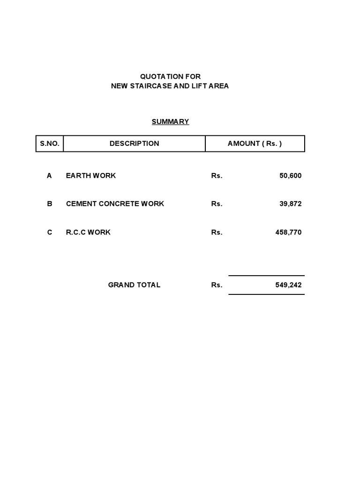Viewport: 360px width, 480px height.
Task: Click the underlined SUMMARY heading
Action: [x=170, y=122]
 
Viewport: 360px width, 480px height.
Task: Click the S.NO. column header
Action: [x=50, y=144]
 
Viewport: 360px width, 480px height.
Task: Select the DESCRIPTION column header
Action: [x=134, y=144]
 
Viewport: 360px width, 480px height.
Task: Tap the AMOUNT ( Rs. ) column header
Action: [x=255, y=144]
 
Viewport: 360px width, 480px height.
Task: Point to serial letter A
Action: [x=49, y=176]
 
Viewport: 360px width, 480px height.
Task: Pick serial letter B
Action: [x=49, y=204]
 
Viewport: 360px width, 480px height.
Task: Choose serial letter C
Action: [x=50, y=232]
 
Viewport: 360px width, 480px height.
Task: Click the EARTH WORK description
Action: [x=91, y=176]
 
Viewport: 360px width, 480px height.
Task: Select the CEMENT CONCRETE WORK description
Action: [x=115, y=204]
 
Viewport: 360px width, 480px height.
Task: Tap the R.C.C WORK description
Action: [x=88, y=232]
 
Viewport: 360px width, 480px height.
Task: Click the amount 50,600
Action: [x=291, y=176]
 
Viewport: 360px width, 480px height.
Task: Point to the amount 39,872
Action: [x=291, y=204]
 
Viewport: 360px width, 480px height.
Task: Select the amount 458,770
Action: [x=288, y=232]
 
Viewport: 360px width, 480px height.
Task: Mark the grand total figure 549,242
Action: [x=288, y=285]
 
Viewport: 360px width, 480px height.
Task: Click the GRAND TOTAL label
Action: [x=134, y=285]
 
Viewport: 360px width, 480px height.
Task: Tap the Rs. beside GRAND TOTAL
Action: [x=217, y=285]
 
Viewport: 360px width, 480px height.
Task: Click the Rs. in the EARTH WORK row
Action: [x=217, y=176]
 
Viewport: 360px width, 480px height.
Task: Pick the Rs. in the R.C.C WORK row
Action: [x=217, y=232]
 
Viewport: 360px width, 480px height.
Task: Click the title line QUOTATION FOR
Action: [x=170, y=76]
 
